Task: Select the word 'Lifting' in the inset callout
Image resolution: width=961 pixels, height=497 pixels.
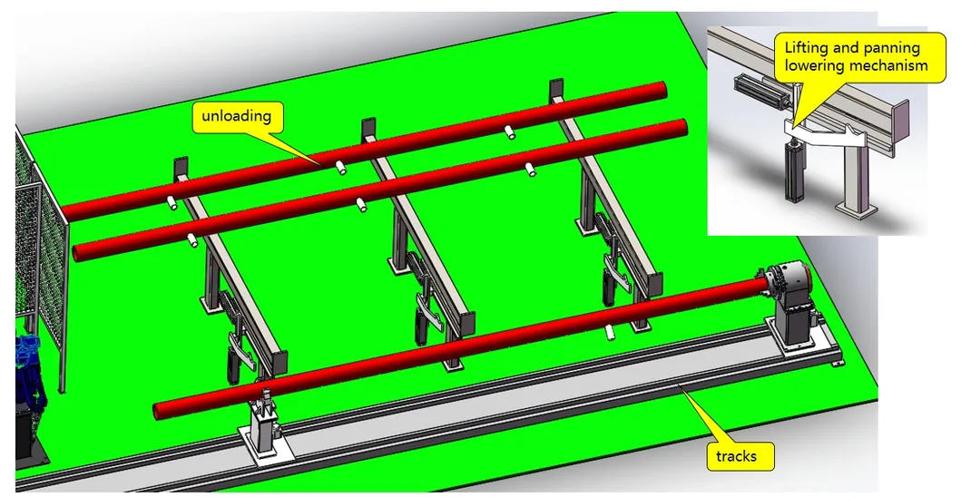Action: [x=809, y=48]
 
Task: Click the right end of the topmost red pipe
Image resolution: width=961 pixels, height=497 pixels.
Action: [x=662, y=90]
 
